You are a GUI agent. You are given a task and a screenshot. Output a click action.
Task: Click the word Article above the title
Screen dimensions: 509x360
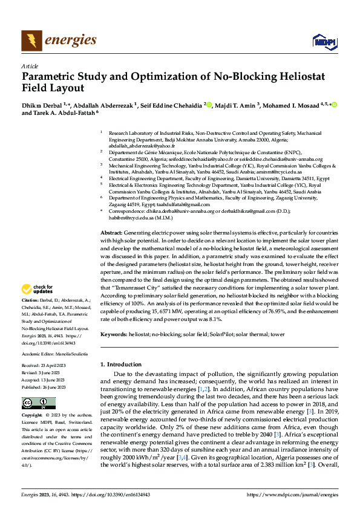click(30, 66)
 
